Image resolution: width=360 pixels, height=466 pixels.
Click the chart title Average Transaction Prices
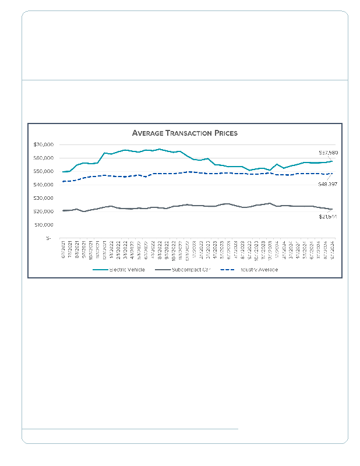coord(185,133)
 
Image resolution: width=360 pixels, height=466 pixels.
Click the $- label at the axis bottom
coord(48,238)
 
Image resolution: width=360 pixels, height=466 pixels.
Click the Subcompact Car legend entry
coord(190,270)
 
